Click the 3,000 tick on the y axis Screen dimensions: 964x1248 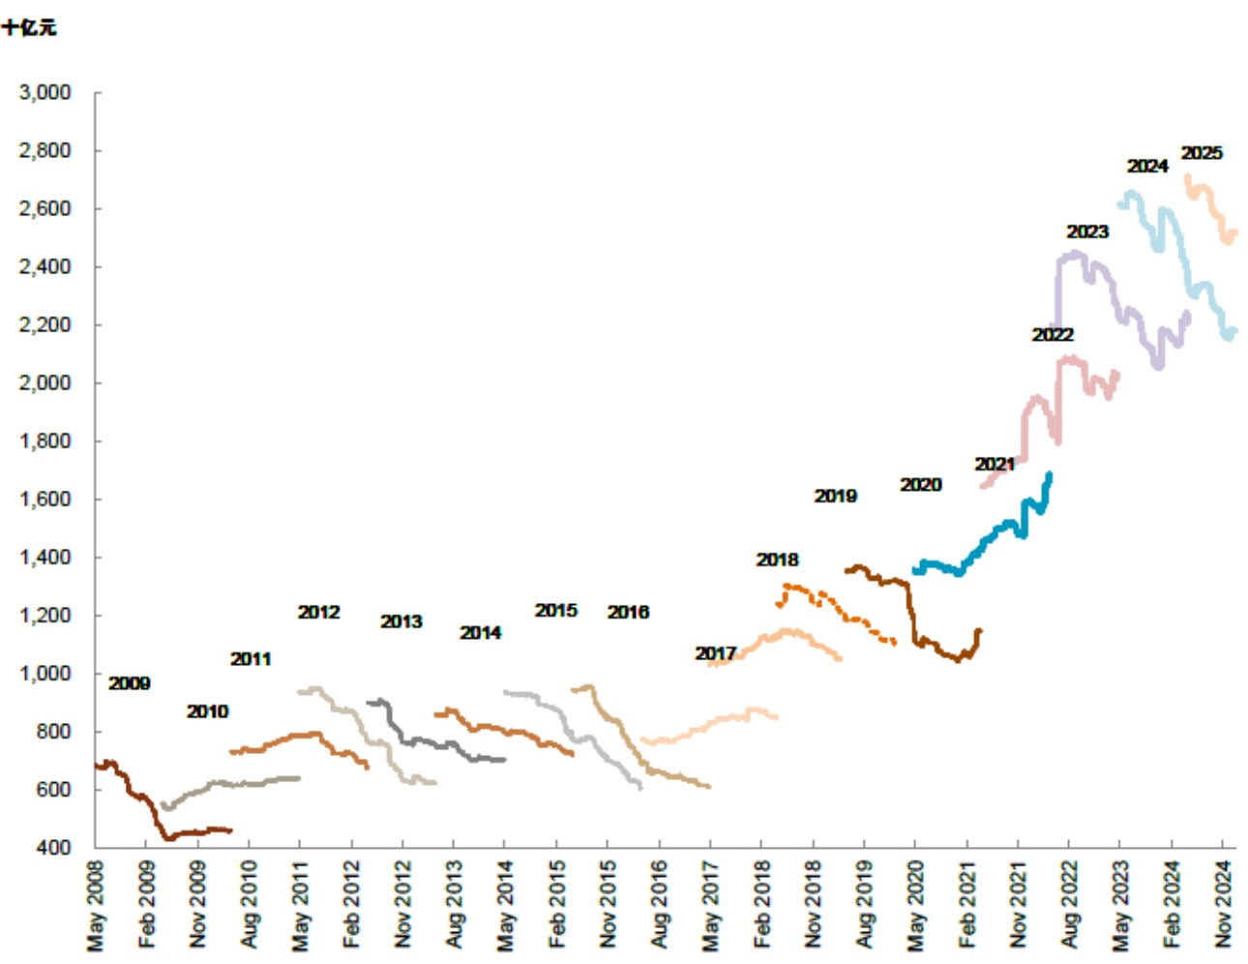pos(45,93)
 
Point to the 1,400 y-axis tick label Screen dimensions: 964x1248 pos(45,557)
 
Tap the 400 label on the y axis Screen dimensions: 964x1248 pos(54,848)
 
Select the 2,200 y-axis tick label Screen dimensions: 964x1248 pos(45,325)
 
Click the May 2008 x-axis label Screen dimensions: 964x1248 pos(96,906)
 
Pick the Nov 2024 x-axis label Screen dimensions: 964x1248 pos(1224,906)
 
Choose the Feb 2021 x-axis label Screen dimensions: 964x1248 pos(967,906)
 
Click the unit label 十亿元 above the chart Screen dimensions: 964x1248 pos(29,27)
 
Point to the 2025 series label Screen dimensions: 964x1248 pos(1202,153)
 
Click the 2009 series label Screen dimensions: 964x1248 pos(129,683)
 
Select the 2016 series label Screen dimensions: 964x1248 pos(628,612)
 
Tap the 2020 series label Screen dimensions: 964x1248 pos(920,485)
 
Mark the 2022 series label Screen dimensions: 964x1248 pos(1053,335)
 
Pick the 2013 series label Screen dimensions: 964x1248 pos(401,621)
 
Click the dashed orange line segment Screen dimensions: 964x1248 pos(832,604)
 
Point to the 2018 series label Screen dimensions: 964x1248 pos(777,559)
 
